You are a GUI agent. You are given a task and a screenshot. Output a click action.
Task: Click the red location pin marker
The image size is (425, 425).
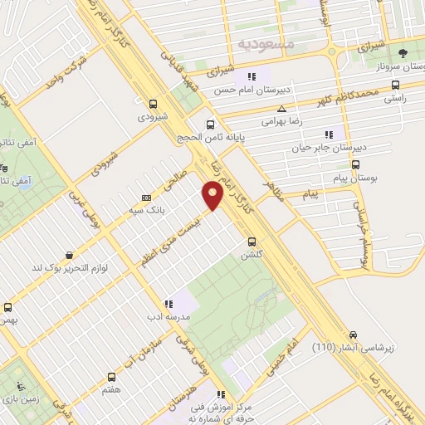tap(213, 196)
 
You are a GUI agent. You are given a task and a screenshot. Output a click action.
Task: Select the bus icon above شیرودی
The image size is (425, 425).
tap(152, 105)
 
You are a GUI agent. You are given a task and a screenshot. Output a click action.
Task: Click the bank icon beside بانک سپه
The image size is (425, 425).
tap(147, 198)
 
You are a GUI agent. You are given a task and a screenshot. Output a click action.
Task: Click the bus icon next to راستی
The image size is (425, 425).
tap(394, 84)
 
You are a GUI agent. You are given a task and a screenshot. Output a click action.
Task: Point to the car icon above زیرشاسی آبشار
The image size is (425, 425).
tap(354, 331)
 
